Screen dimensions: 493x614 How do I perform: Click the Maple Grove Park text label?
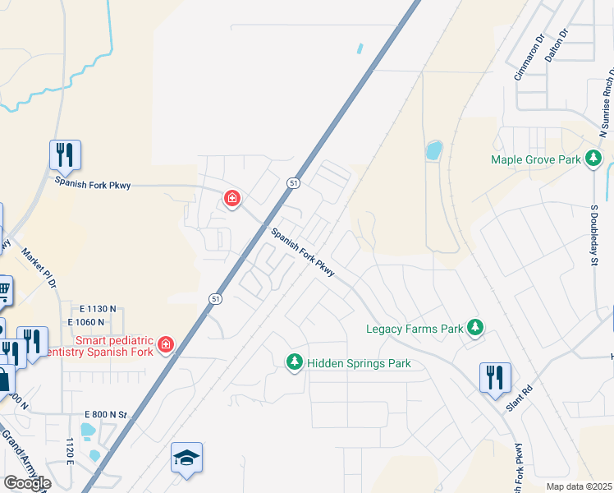(536, 159)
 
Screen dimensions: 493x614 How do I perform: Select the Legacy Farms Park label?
(415, 329)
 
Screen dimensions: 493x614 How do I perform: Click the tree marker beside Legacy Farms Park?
(474, 329)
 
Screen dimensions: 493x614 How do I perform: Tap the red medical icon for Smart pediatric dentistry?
(165, 343)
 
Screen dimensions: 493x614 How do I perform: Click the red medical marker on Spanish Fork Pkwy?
(232, 198)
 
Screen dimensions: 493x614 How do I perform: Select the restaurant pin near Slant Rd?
(495, 377)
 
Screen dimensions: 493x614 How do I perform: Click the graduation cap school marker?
(186, 457)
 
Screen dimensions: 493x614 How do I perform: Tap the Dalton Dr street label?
(557, 47)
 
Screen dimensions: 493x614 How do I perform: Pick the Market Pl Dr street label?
(39, 267)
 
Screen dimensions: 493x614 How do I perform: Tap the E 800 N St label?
(106, 415)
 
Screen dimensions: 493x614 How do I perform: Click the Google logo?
(27, 482)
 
